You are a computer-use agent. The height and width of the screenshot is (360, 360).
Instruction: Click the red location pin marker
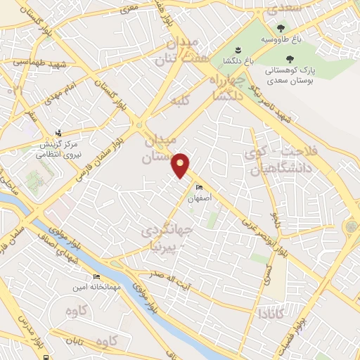[x=182, y=165]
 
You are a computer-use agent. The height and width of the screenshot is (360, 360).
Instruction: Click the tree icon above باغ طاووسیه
[x=281, y=29]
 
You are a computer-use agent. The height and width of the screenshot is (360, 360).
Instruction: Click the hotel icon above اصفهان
[x=199, y=187]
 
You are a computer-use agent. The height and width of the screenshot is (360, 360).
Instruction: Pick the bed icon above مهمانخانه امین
[x=96, y=277]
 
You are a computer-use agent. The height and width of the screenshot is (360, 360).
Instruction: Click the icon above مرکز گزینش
[x=59, y=131]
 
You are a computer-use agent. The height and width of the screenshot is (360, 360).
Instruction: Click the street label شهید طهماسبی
[x=38, y=63]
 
